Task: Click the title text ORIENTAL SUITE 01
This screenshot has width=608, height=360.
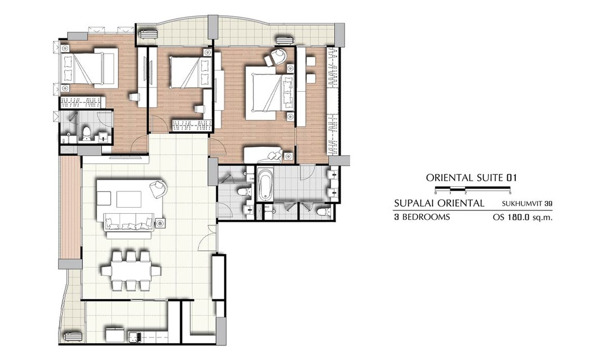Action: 471,178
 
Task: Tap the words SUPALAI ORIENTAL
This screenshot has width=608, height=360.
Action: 439,203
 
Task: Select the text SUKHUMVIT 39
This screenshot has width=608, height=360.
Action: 526,203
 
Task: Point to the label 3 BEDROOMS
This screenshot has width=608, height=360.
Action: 422,217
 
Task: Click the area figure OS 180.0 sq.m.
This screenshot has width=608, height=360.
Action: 522,217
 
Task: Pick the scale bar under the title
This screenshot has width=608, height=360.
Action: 473,189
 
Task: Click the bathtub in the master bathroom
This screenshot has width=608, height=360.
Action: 265,185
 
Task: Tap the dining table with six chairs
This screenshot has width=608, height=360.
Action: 131,271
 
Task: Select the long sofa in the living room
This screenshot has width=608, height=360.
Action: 129,222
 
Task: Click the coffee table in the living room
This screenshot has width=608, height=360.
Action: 129,199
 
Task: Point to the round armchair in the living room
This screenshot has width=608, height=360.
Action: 158,189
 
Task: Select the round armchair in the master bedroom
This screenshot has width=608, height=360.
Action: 276,57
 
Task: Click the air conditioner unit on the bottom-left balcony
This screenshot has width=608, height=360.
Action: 73,336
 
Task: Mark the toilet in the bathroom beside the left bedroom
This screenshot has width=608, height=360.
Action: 86,133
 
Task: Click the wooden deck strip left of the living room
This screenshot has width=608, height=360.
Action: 70,208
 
